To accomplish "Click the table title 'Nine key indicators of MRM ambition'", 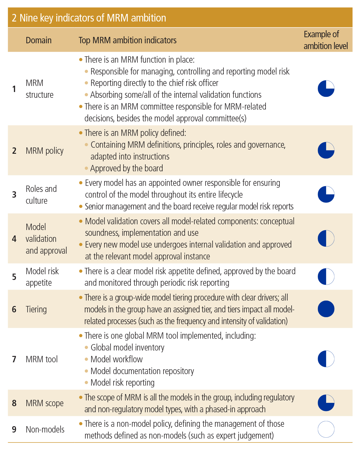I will tap(89, 18).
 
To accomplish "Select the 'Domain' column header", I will tap(38, 40).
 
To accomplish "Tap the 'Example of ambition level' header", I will tap(325, 40).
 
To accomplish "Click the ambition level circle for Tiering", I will tap(326, 309).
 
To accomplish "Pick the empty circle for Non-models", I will tap(326, 429).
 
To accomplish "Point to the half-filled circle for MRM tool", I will tap(326, 359).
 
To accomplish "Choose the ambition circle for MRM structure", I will tap(326, 89).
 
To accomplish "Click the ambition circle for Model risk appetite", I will tap(326, 277).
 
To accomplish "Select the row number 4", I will tap(14, 239).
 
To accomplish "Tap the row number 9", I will tap(14, 429).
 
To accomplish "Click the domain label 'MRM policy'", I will tap(45, 151).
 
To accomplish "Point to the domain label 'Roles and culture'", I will tap(41, 195).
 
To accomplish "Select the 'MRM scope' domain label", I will tap(45, 403).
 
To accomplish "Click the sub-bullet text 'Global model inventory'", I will tap(127, 347).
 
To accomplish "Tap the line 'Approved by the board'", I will tap(127, 168).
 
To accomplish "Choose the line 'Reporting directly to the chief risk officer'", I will tap(154, 83).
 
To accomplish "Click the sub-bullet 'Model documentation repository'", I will tap(142, 371).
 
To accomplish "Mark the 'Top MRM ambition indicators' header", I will tap(127, 40).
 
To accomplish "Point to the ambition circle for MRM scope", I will tap(326, 403).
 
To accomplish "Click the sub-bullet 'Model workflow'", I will tap(117, 359).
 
